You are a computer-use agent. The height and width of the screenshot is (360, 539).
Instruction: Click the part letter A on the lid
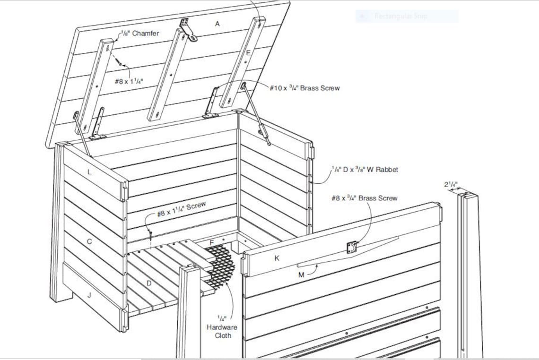click(x=217, y=24)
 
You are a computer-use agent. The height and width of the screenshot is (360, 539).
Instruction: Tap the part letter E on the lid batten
click(x=248, y=53)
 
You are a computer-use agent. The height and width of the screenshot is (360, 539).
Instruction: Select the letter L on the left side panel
click(x=89, y=172)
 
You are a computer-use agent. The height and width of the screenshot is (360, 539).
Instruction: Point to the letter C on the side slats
click(x=89, y=241)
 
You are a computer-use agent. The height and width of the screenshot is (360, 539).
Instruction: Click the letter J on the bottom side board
click(x=89, y=295)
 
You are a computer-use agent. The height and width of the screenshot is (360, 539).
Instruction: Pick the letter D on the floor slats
click(x=148, y=283)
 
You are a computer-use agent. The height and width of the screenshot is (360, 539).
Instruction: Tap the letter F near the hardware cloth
click(x=212, y=242)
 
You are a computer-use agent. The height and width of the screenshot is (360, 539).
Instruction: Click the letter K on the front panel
click(x=277, y=258)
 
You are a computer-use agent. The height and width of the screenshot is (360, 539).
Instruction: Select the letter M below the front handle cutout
click(x=301, y=274)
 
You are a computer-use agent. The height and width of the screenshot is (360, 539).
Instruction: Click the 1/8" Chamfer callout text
click(x=139, y=33)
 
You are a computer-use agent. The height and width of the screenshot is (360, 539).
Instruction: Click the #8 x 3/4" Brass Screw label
click(x=364, y=198)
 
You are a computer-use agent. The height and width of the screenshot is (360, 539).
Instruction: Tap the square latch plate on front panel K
click(x=351, y=247)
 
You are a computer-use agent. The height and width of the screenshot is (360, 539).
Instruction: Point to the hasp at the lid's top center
click(x=188, y=29)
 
